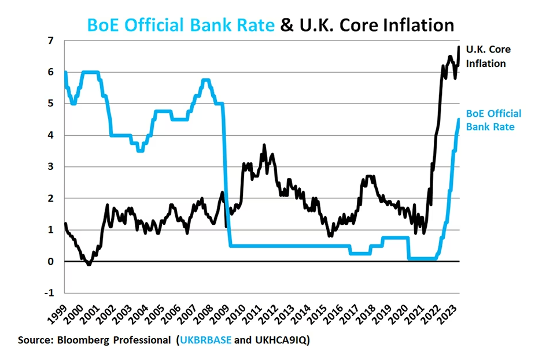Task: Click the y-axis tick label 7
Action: click(x=50, y=41)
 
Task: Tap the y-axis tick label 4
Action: click(x=50, y=136)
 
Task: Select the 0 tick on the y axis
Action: click(x=50, y=262)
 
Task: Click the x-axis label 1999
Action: click(x=58, y=313)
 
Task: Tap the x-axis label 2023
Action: click(x=452, y=313)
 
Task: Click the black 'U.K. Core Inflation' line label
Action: click(x=488, y=57)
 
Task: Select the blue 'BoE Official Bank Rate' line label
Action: click(x=493, y=120)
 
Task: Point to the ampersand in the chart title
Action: click(x=286, y=25)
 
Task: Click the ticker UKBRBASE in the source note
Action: click(x=205, y=340)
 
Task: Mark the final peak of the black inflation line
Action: click(x=459, y=47)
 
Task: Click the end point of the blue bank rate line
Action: click(x=459, y=120)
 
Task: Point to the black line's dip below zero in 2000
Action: click(x=88, y=264)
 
